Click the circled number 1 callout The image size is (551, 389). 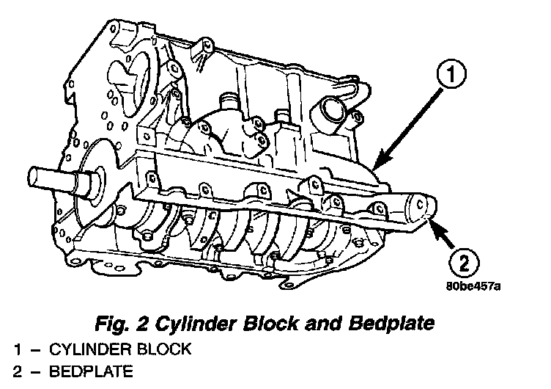pyautogui.click(x=452, y=75)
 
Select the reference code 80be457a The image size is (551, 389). pyautogui.click(x=473, y=286)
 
